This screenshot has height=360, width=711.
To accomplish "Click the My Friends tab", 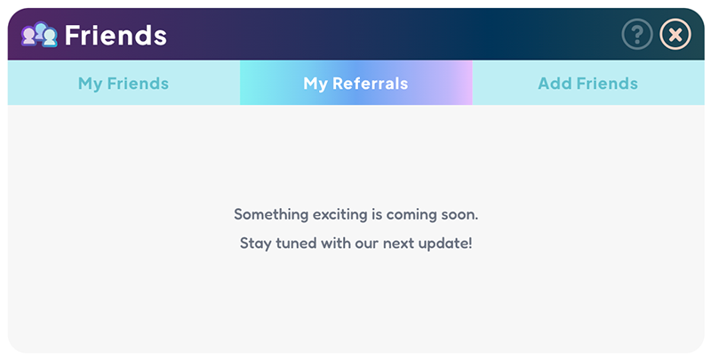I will pyautogui.click(x=124, y=84).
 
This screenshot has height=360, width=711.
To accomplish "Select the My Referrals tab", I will pyautogui.click(x=355, y=84).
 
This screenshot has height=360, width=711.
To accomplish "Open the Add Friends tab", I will pyautogui.click(x=587, y=84).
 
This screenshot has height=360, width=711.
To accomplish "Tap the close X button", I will pyautogui.click(x=675, y=35).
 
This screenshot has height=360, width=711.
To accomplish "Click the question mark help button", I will pyautogui.click(x=637, y=35).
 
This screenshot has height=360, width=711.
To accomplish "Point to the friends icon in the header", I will pyautogui.click(x=39, y=35).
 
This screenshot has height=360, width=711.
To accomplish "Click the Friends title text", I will pyautogui.click(x=116, y=36).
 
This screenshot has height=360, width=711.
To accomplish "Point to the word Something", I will pyautogui.click(x=271, y=214).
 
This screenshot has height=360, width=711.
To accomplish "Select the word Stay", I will pyautogui.click(x=255, y=243).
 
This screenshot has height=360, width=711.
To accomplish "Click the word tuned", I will pyautogui.click(x=296, y=243).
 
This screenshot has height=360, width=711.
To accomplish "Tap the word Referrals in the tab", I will pyautogui.click(x=370, y=84).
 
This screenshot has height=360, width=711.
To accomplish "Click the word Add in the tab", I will pyautogui.click(x=554, y=84).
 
